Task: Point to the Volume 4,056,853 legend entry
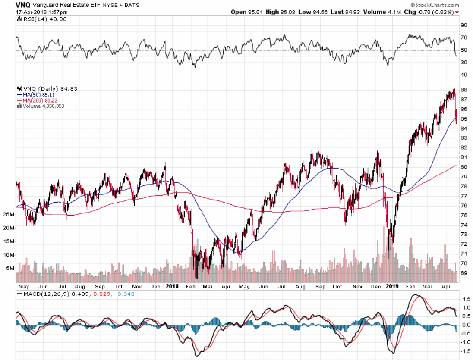[42, 106]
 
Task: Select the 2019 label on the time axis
[391, 286]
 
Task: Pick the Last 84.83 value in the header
[346, 12]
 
